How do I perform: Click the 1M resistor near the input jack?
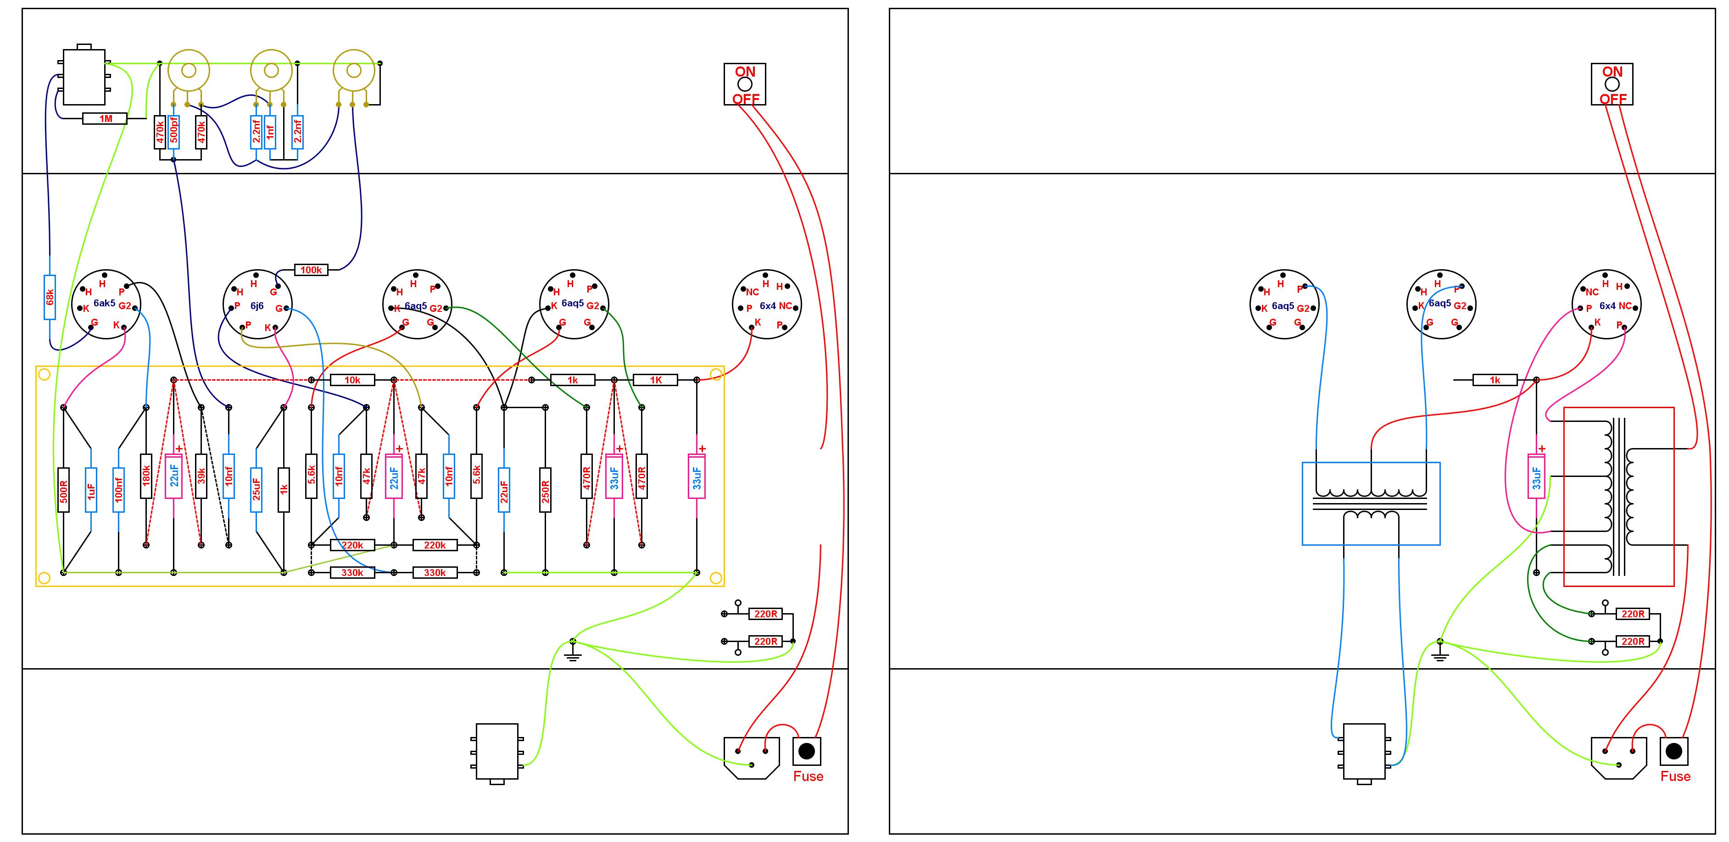(x=105, y=119)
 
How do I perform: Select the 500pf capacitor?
(x=174, y=132)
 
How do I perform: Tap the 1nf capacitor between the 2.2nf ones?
(x=270, y=132)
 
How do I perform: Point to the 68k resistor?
(x=50, y=297)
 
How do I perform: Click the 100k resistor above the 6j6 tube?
(x=311, y=270)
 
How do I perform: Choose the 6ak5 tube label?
(x=104, y=303)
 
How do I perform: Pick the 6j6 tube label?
(x=257, y=306)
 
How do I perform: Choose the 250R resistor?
(x=545, y=490)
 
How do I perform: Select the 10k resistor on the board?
(x=352, y=380)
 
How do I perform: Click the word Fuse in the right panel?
(x=1675, y=776)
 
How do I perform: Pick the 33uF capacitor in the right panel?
(x=1536, y=476)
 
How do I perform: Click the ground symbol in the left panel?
(x=573, y=651)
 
